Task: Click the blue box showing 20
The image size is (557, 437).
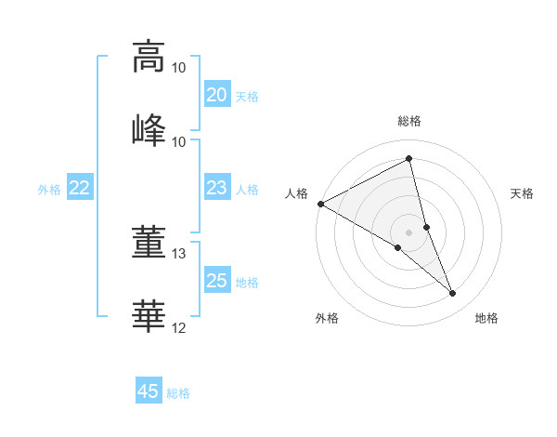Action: pos(216,94)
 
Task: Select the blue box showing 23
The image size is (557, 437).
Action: pos(216,188)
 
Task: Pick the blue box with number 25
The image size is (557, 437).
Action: pos(216,281)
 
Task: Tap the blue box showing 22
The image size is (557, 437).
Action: pos(80,188)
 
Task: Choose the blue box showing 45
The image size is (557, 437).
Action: pos(149,391)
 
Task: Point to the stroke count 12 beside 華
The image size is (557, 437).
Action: pos(179,327)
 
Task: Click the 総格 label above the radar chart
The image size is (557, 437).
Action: pos(409,121)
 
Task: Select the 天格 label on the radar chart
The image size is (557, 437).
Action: pos(522,193)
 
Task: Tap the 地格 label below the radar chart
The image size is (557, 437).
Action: pos(486,318)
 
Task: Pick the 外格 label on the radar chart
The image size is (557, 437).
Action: pos(327,318)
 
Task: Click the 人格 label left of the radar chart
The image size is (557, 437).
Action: pos(297,193)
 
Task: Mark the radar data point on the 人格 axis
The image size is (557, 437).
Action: pos(320,204)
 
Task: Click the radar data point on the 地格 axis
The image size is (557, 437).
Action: pos(453,294)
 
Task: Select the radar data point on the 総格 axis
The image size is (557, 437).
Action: pos(409,159)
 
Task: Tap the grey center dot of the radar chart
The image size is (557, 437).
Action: pos(409,232)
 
